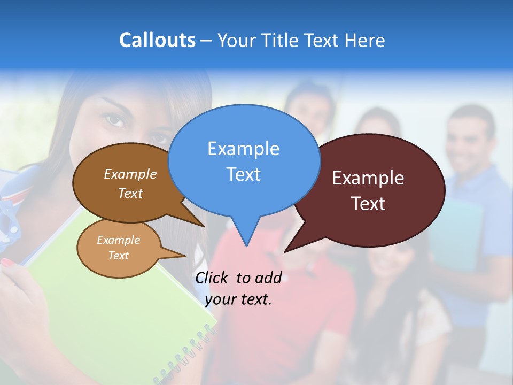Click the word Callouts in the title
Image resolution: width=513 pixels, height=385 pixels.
(x=157, y=40)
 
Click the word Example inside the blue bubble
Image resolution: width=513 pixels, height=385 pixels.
(x=243, y=149)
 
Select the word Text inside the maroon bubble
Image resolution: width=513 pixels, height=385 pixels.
(x=368, y=204)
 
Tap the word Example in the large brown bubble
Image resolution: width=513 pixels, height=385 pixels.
(x=130, y=174)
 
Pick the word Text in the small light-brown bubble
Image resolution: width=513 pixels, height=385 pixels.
(x=118, y=256)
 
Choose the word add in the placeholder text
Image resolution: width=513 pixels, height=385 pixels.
(x=268, y=278)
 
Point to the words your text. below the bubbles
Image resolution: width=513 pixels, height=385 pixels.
(x=238, y=299)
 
